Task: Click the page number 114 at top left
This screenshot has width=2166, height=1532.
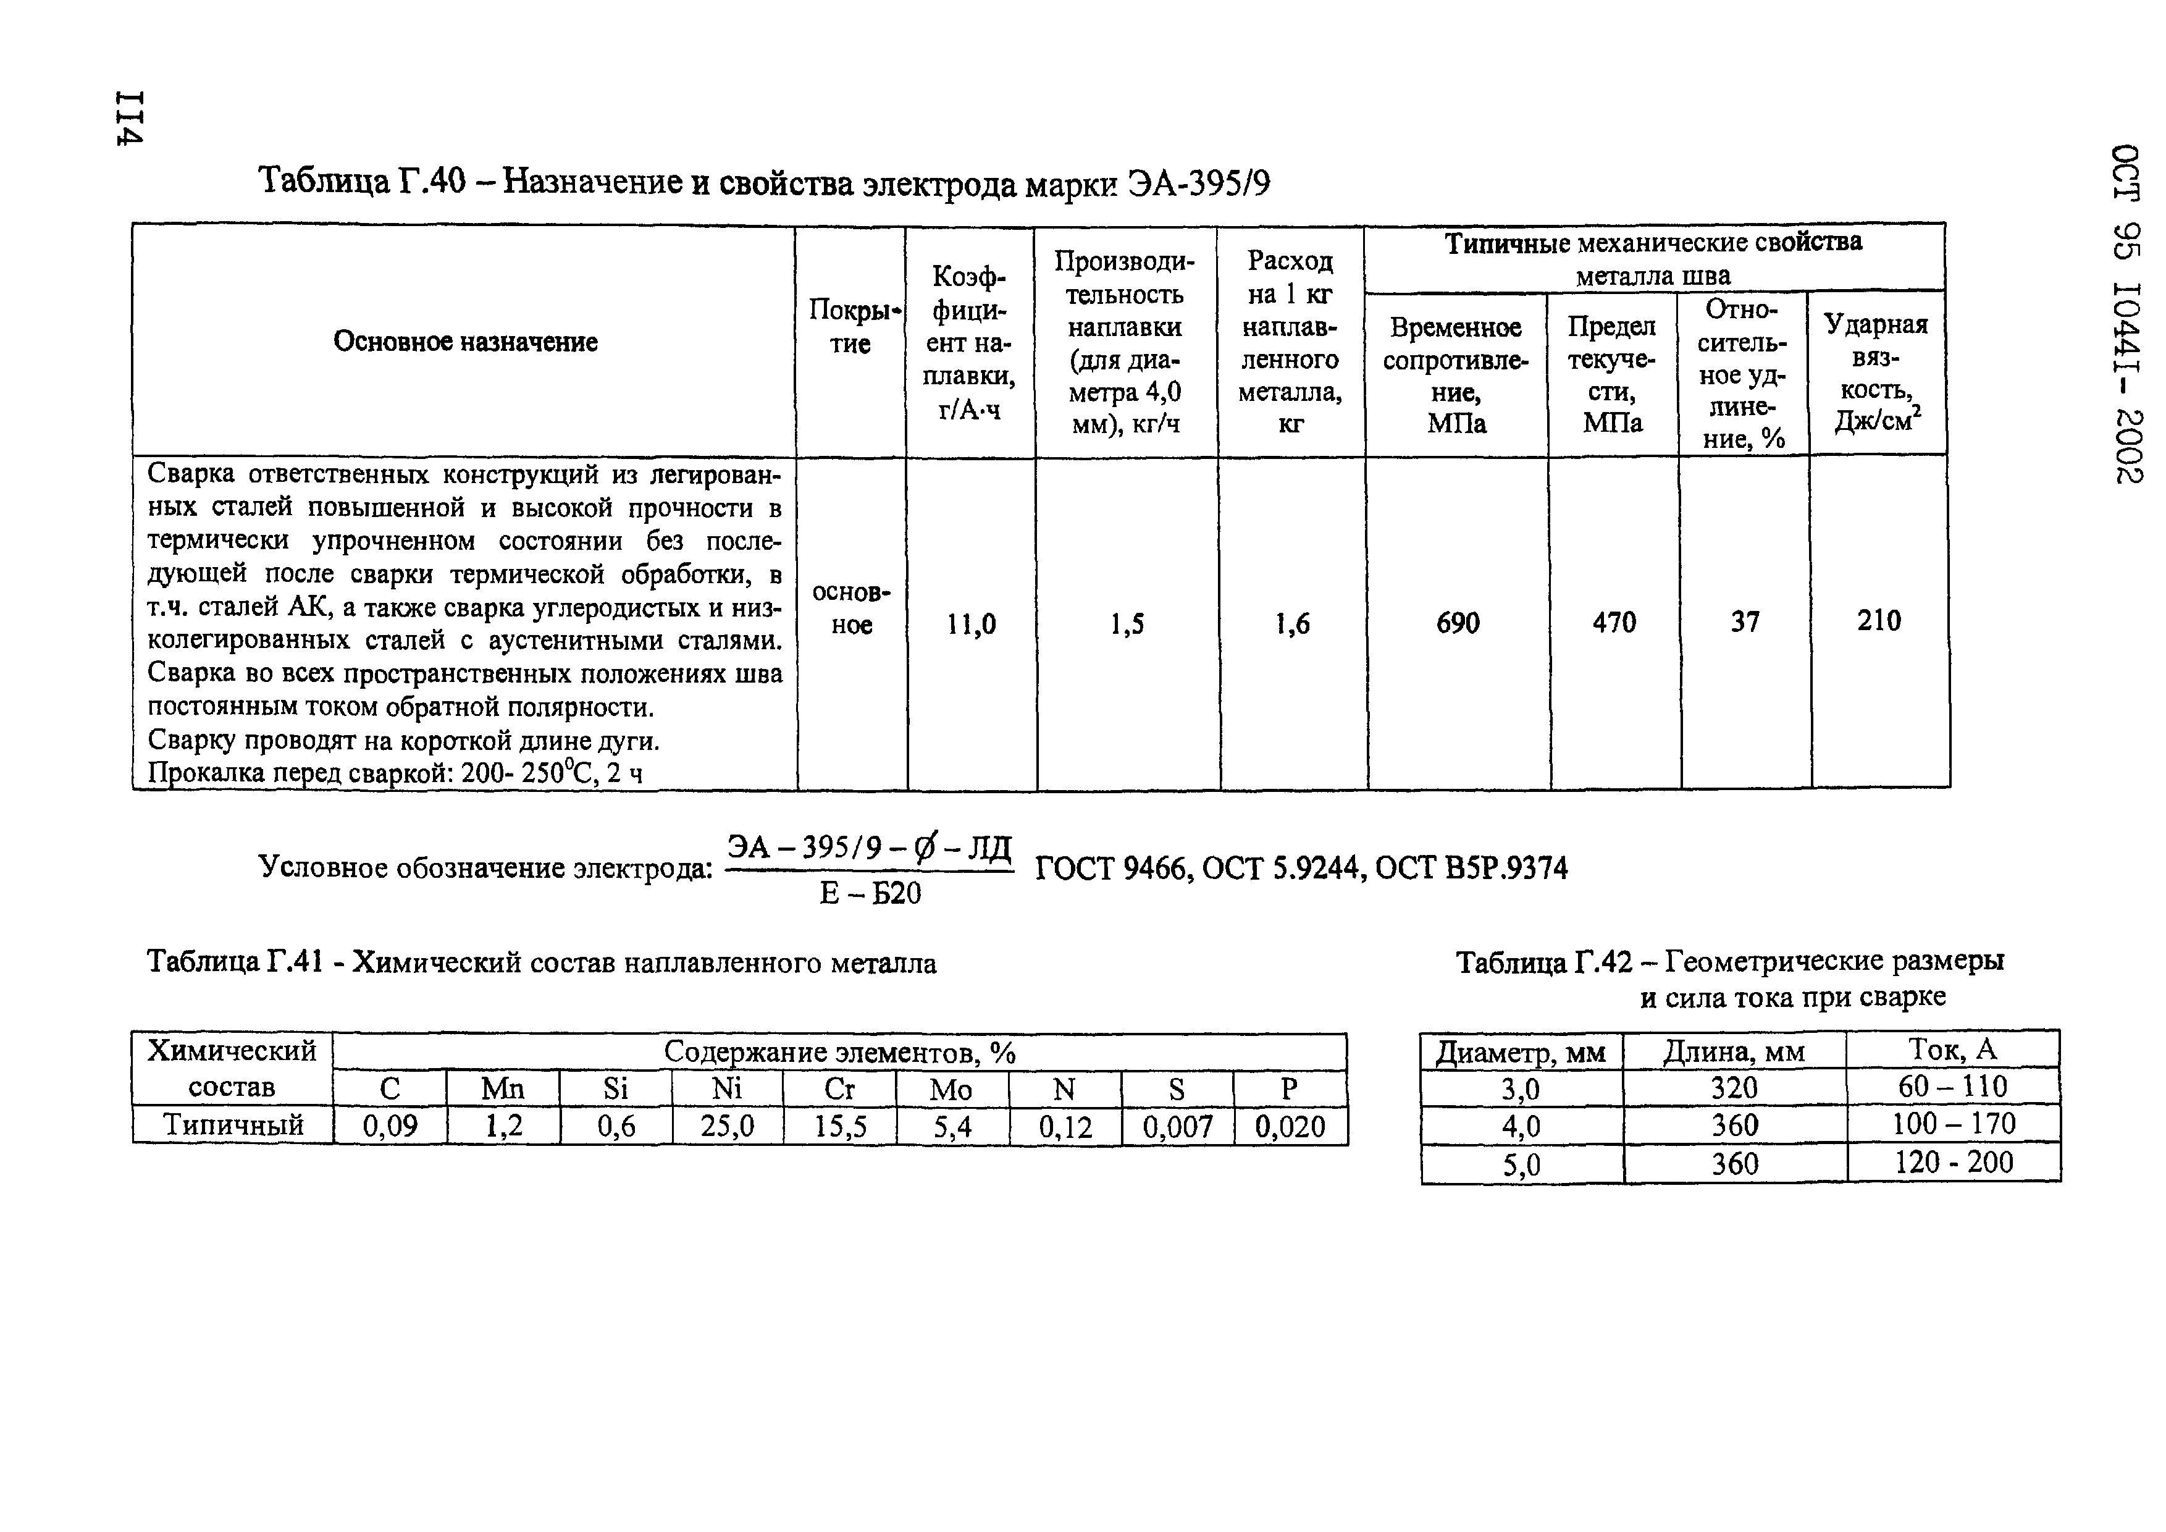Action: click(128, 118)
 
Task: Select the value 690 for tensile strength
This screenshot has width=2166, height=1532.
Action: click(1458, 623)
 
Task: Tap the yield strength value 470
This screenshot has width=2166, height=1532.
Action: click(1613, 623)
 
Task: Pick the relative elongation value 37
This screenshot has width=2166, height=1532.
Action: click(1744, 621)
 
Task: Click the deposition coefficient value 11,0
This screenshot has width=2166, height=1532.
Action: click(971, 623)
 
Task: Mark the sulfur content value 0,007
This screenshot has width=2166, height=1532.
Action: click(1177, 1126)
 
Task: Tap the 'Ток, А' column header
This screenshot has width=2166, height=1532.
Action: click(1952, 1049)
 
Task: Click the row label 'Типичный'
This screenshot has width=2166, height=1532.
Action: click(233, 1124)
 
